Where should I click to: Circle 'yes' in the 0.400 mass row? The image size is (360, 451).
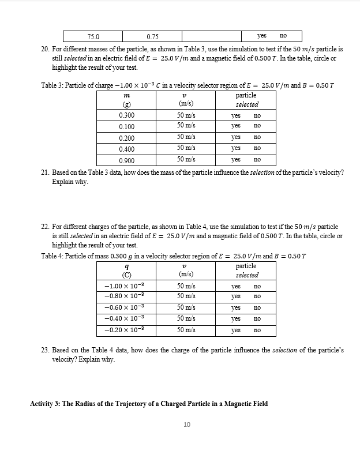(x=235, y=148)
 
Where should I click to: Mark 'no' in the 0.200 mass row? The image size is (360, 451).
(x=257, y=137)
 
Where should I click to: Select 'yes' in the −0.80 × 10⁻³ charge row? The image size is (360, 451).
(x=235, y=296)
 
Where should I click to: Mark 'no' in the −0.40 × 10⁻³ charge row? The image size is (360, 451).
(x=257, y=318)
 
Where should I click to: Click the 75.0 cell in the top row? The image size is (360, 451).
(x=93, y=36)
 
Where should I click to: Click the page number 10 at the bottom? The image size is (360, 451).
(x=186, y=425)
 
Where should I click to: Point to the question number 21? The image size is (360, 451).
(x=45, y=172)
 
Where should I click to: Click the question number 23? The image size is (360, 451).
(x=45, y=350)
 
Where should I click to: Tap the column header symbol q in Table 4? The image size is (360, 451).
(x=126, y=266)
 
